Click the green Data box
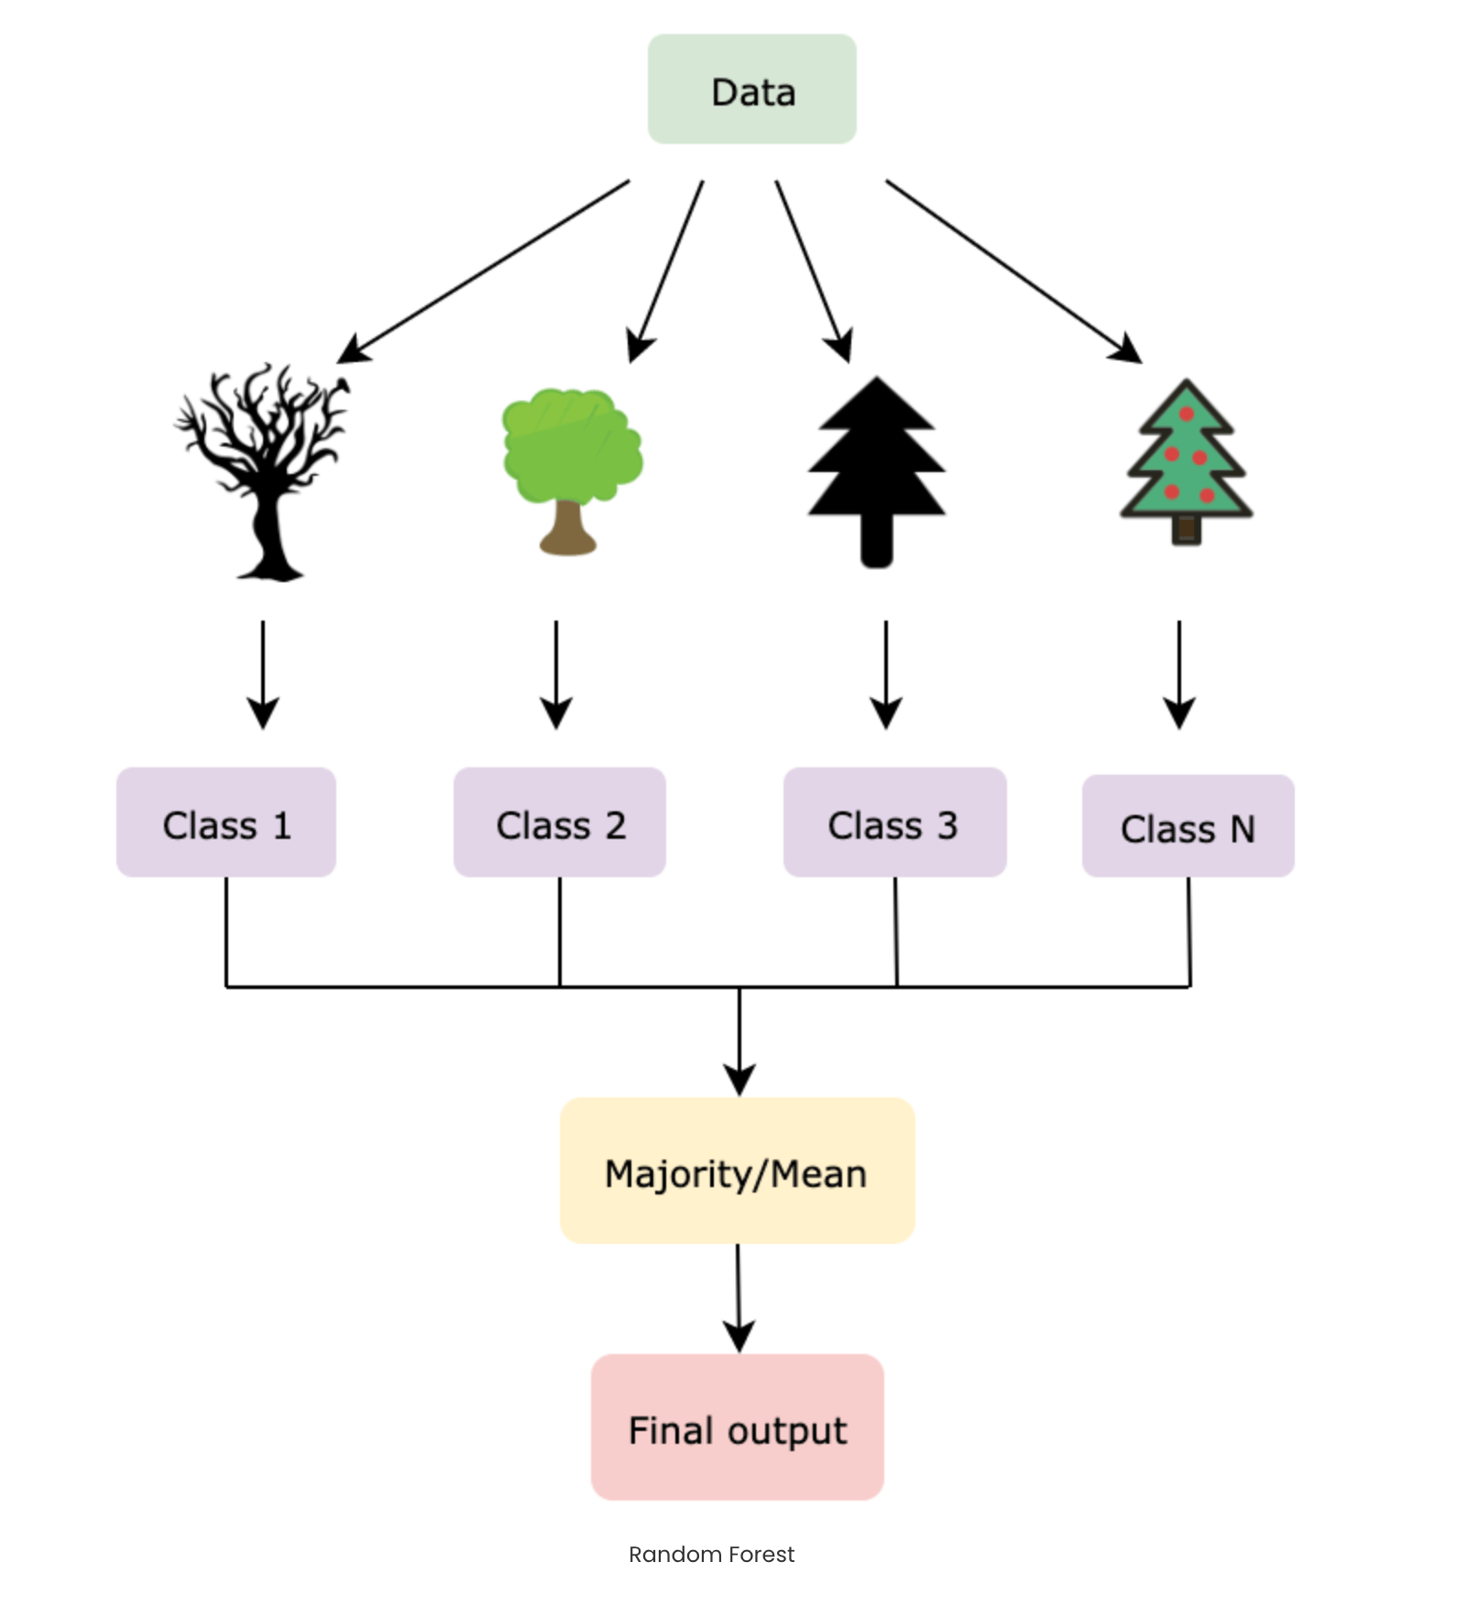pyautogui.click(x=752, y=89)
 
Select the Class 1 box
pyautogui.click(x=226, y=822)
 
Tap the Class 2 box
pyautogui.click(x=560, y=822)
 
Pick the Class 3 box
pyautogui.click(x=895, y=822)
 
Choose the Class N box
pyautogui.click(x=1189, y=826)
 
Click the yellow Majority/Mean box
pyautogui.click(x=738, y=1171)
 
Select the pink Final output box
pyautogui.click(x=738, y=1427)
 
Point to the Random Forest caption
pyautogui.click(x=712, y=1555)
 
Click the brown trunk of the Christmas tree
pyautogui.click(x=1187, y=530)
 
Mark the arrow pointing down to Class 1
pyautogui.click(x=263, y=675)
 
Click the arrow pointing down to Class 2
pyautogui.click(x=556, y=675)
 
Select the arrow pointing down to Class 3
pyautogui.click(x=886, y=675)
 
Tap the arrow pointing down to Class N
pyautogui.click(x=1179, y=675)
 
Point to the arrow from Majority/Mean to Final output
pyautogui.click(x=739, y=1298)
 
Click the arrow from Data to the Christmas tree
pyautogui.click(x=1013, y=271)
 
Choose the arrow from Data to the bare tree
pyautogui.click(x=483, y=271)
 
